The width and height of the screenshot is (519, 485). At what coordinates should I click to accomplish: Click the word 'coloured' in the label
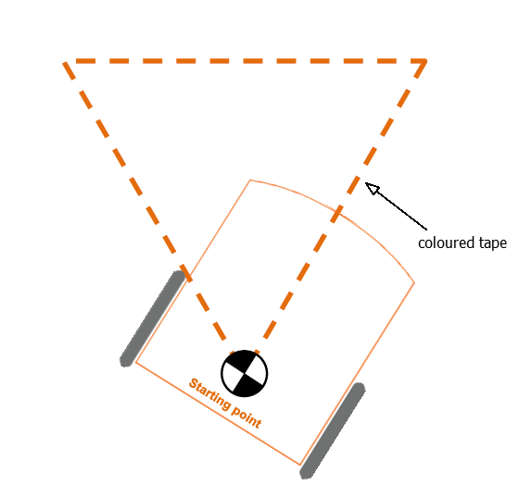coord(442,243)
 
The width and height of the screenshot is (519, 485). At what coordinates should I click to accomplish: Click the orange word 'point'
coord(247,417)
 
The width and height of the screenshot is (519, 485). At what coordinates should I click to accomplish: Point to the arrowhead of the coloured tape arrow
coord(372,188)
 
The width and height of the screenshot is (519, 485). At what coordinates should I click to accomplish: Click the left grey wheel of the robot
coord(153,318)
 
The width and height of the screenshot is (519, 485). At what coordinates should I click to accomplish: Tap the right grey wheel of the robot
coord(333,430)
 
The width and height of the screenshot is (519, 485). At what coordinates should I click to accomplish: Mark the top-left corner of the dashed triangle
coord(64,62)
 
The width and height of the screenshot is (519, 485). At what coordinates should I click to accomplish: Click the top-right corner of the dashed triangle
coord(425,61)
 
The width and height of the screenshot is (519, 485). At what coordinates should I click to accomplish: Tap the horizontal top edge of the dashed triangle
coord(245,61)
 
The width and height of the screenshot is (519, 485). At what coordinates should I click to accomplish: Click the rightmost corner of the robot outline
coord(414,282)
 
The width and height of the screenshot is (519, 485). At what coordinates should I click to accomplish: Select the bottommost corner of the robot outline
coord(300,465)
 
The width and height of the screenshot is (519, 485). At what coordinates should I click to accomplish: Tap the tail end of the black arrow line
coord(426,230)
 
